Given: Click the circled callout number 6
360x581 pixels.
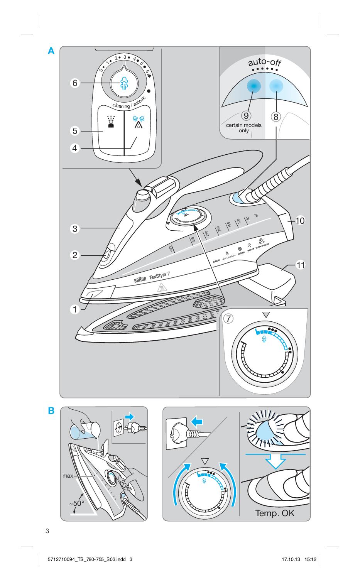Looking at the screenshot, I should coord(75,83).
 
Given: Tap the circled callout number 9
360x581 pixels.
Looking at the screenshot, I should coord(245,116).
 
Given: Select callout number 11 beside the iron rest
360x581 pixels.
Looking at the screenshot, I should coord(300,265).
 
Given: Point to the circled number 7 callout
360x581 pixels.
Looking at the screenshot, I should coord(229,319).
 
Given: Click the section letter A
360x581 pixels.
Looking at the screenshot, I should coord(51,51).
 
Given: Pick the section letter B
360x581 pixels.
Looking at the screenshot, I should coord(51,411).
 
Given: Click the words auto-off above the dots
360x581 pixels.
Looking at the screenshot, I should coord(265,62).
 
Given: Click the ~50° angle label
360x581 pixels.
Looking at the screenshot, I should coord(76,503).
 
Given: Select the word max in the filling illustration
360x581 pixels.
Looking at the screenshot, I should coord(68,476).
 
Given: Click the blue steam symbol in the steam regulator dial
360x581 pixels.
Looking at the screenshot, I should coord(124,83).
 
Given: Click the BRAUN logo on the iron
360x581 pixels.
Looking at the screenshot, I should coord(140,279).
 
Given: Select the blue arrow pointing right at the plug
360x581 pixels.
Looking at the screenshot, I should coord(129,416).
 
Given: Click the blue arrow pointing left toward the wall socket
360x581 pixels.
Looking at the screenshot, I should coord(196,422).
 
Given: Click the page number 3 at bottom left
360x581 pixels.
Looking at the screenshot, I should coord(47,531).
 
